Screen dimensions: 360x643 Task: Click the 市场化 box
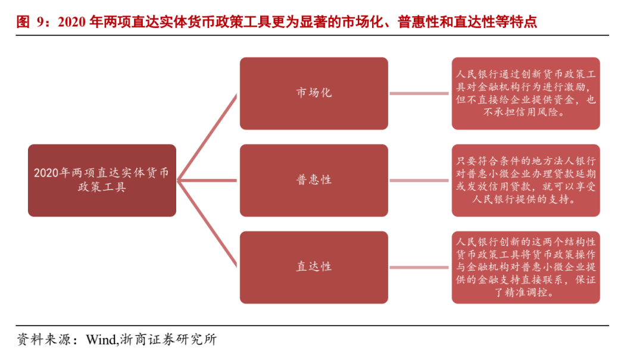click(x=314, y=93)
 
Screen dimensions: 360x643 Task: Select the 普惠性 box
click(x=314, y=180)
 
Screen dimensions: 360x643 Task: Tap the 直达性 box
click(x=314, y=267)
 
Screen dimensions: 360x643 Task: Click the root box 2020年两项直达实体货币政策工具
click(x=102, y=180)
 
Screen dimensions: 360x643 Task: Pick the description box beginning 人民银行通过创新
click(x=526, y=93)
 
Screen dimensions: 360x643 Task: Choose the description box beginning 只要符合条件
click(x=526, y=180)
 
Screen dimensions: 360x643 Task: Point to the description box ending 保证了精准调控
click(x=526, y=267)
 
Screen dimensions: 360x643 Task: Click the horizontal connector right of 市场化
click(x=420, y=93)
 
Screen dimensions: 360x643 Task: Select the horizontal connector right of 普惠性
click(x=420, y=180)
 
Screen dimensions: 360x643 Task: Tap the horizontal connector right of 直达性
click(x=420, y=267)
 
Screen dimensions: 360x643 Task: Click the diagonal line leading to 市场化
click(x=208, y=137)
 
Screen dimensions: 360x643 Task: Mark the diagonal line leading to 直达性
click(x=208, y=223)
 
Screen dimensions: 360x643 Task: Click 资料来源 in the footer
click(x=42, y=340)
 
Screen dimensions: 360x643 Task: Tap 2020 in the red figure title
click(x=72, y=23)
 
